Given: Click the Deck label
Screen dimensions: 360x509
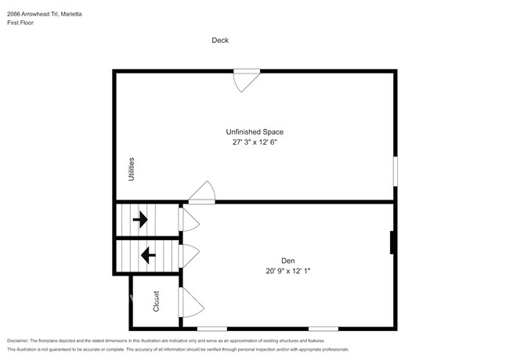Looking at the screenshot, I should tap(220, 41).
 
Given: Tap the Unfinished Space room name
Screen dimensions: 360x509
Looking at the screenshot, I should tap(254, 132).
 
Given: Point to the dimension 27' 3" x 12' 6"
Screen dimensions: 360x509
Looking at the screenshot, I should tap(254, 143).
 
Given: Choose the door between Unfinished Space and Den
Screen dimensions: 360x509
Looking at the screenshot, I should tap(201, 193).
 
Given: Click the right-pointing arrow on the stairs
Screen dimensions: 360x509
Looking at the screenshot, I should tap(140, 220).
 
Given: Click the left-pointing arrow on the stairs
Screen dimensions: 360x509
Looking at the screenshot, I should tap(145, 255).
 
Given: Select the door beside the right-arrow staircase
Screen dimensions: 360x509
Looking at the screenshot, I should tap(188, 219).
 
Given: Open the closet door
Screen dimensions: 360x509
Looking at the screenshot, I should tap(189, 303).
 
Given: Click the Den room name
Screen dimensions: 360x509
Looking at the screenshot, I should tap(288, 261).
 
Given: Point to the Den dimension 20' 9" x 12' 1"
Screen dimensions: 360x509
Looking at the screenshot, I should tap(288, 271).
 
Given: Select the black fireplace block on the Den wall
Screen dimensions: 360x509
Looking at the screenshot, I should tap(392, 243).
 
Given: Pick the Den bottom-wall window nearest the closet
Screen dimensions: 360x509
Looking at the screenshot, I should tap(212, 329).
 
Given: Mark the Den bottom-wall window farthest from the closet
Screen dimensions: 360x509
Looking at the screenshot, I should tap(323, 329).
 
